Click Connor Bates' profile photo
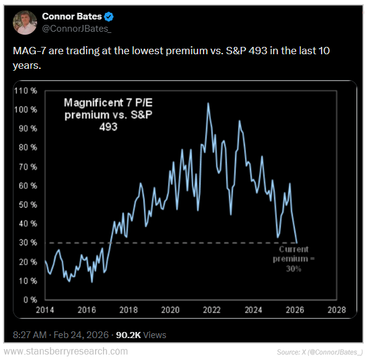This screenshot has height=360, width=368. pos(25,22)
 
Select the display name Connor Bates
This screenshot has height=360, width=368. pos(71,16)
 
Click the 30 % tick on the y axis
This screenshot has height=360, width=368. pos(29,243)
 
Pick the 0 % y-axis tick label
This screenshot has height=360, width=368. pos(30,300)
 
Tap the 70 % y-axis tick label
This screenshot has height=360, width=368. pos(29,167)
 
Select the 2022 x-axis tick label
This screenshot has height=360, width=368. pos(211,310)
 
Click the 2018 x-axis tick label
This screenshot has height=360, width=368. pos(128,310)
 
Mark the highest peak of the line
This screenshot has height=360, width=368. pos(208,104)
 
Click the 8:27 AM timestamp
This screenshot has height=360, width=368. pos(30,335)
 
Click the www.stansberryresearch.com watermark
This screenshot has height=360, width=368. pos(66,351)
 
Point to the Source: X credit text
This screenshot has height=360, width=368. pos(319,352)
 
